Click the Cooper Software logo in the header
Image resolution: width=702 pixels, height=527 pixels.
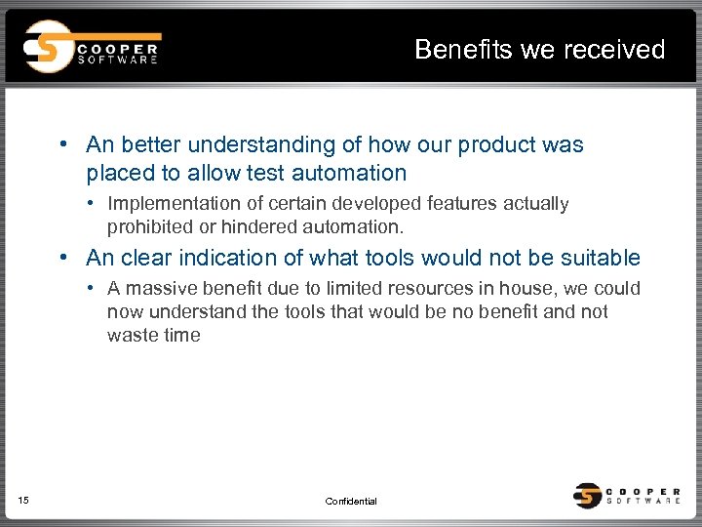pos(93,46)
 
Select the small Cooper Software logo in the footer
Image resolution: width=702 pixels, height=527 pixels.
pos(628,495)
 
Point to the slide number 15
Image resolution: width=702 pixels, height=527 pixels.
pos(23,501)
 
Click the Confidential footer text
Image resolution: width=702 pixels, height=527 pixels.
pos(351,502)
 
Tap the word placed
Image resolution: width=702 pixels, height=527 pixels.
pos(117,174)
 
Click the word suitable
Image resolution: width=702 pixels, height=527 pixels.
pos(604,259)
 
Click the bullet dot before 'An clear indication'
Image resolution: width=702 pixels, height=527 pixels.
pos(61,259)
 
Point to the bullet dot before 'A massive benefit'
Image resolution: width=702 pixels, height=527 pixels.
pos(89,289)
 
